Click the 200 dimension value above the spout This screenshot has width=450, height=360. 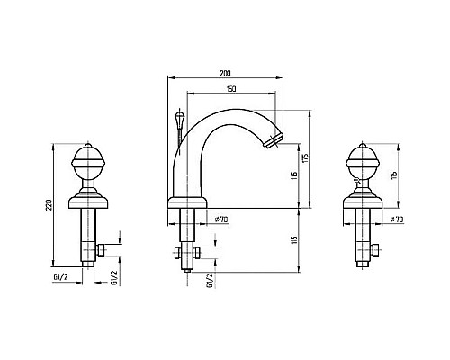tap(225, 73)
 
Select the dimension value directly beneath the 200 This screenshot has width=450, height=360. tap(231, 89)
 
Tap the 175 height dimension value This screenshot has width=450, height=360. tap(305, 158)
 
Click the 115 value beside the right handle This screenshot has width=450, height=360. tap(394, 175)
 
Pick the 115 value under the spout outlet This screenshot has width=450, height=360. tap(294, 175)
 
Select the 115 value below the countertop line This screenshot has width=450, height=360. tap(294, 240)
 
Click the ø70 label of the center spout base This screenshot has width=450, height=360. tap(221, 220)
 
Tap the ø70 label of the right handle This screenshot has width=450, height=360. tap(397, 220)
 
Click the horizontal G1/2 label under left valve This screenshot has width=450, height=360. tap(61, 277)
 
